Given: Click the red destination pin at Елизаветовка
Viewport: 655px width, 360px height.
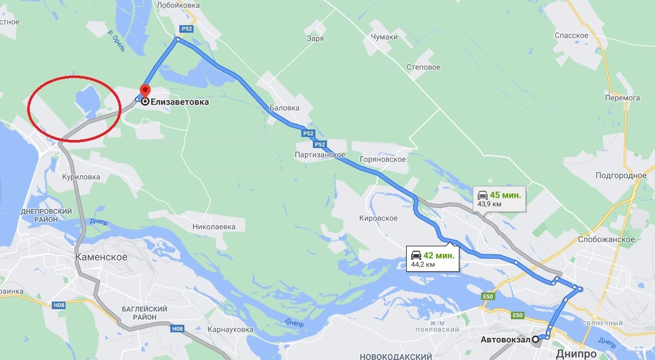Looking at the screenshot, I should pos(145,91).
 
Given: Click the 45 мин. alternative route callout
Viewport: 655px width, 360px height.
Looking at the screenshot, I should pos(499,198).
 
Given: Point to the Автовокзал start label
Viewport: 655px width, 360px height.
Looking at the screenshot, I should pos(505,339).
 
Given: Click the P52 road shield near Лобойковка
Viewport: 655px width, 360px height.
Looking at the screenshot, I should pos(187,29).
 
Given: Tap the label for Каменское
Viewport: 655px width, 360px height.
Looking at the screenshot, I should pos(101,257).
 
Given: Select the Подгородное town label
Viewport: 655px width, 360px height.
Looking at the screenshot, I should pos(621,175).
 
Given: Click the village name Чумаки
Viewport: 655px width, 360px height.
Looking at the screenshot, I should pos(384,37).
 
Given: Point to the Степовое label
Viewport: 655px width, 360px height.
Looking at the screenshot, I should pos(423,67).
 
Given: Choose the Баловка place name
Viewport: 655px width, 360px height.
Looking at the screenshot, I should pos(284,108).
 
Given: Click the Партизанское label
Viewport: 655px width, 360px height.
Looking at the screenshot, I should pos(320,155).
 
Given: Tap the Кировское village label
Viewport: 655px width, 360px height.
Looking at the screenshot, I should pos(378,218).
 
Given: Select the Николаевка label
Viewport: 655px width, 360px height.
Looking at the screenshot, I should pos(214,227).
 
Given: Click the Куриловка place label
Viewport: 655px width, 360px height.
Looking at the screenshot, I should pos(81,177).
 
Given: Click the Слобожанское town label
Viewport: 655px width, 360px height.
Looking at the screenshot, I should pos(606,239).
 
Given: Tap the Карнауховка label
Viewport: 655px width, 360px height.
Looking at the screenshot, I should pos(230,329).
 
